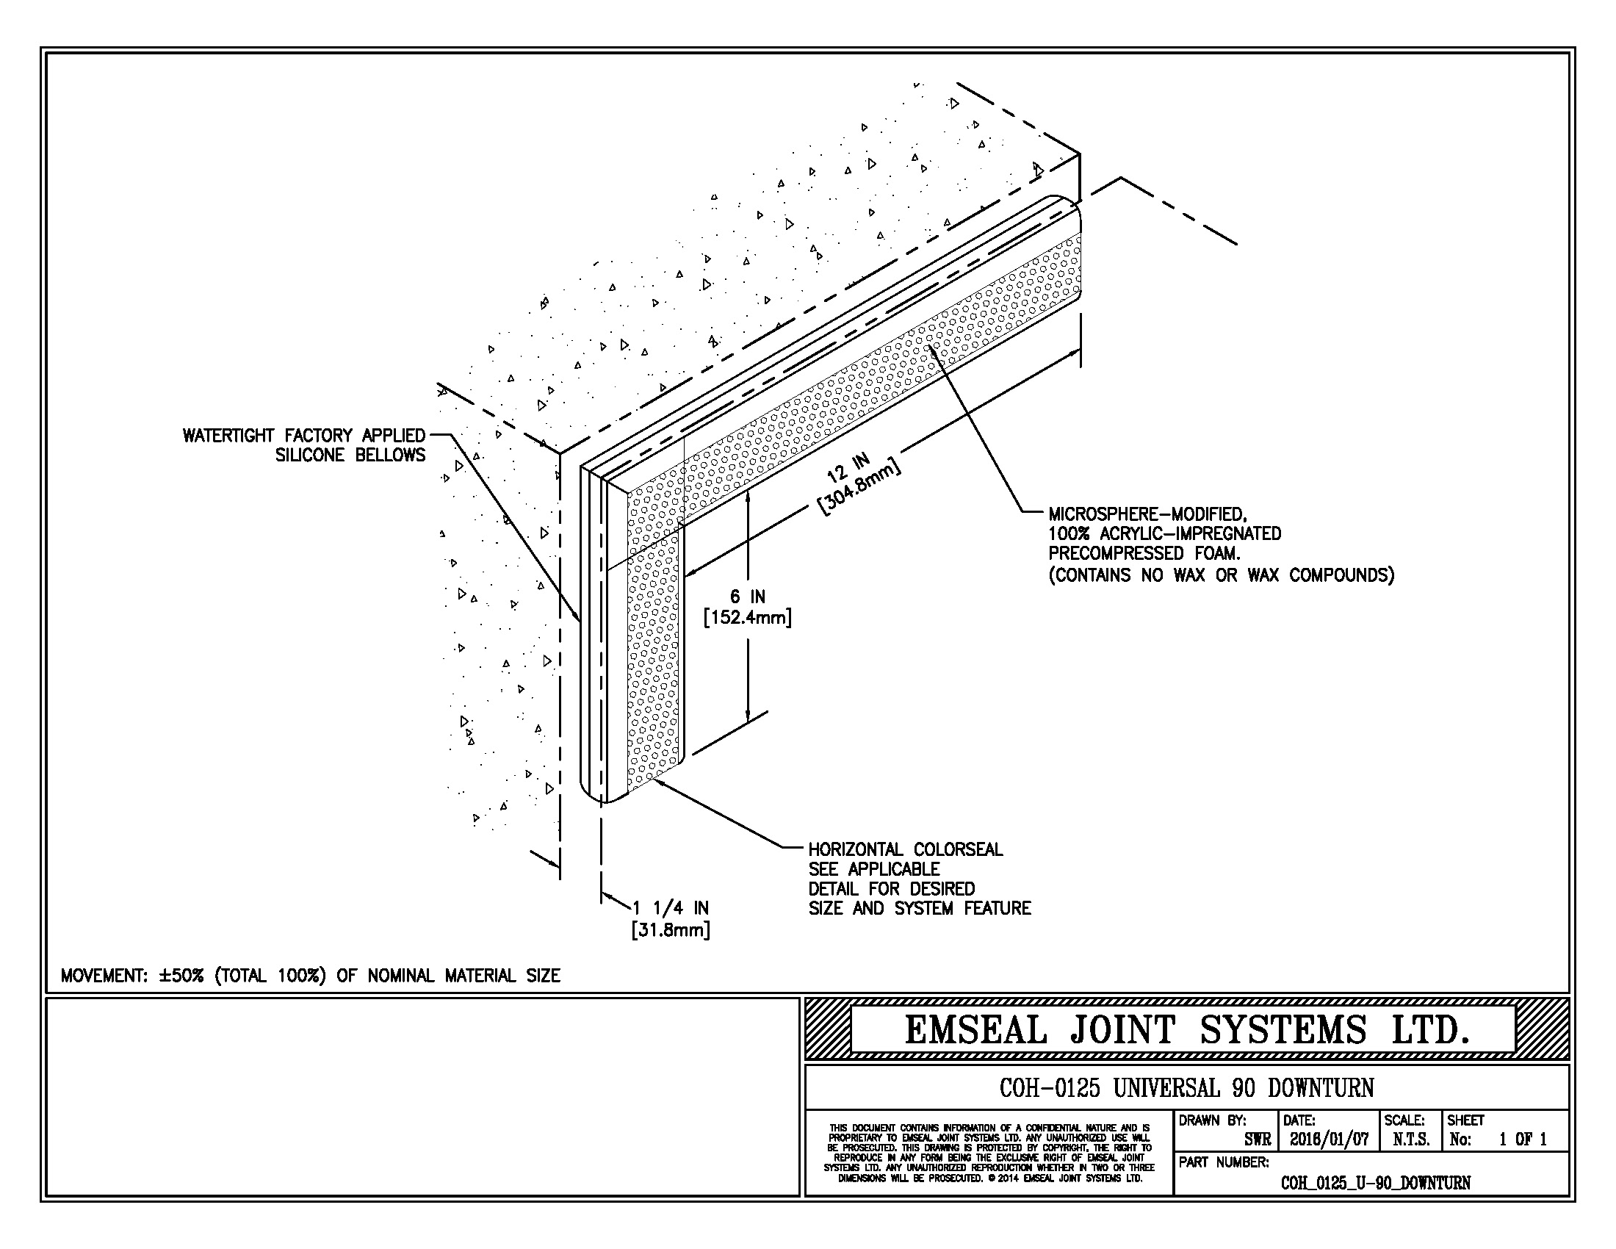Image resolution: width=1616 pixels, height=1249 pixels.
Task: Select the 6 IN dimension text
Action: click(747, 597)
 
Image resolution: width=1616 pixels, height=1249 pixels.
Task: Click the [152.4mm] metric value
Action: click(747, 617)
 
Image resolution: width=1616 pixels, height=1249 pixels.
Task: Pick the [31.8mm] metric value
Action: click(671, 930)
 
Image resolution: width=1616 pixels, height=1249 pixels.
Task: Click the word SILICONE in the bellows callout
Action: click(310, 455)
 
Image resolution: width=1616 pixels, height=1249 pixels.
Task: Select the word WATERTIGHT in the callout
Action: click(228, 436)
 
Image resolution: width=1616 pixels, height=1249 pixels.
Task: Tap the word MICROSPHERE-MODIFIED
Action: click(1147, 514)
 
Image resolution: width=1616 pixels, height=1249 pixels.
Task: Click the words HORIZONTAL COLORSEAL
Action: click(905, 849)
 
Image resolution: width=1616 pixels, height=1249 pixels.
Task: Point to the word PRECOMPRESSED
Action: click(1117, 553)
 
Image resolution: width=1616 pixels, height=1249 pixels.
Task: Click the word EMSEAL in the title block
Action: click(975, 1030)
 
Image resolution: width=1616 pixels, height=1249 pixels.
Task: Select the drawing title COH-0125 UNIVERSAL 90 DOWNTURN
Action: click(1186, 1088)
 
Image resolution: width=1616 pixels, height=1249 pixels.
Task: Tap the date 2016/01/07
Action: click(1329, 1140)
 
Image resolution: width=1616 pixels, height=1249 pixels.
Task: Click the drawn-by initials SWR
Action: click(1257, 1140)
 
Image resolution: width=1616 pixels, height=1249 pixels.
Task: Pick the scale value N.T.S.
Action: click(1410, 1140)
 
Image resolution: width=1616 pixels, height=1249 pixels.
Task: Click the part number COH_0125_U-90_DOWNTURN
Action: click(1376, 1183)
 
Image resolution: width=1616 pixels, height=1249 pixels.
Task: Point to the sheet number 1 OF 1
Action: click(1523, 1140)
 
